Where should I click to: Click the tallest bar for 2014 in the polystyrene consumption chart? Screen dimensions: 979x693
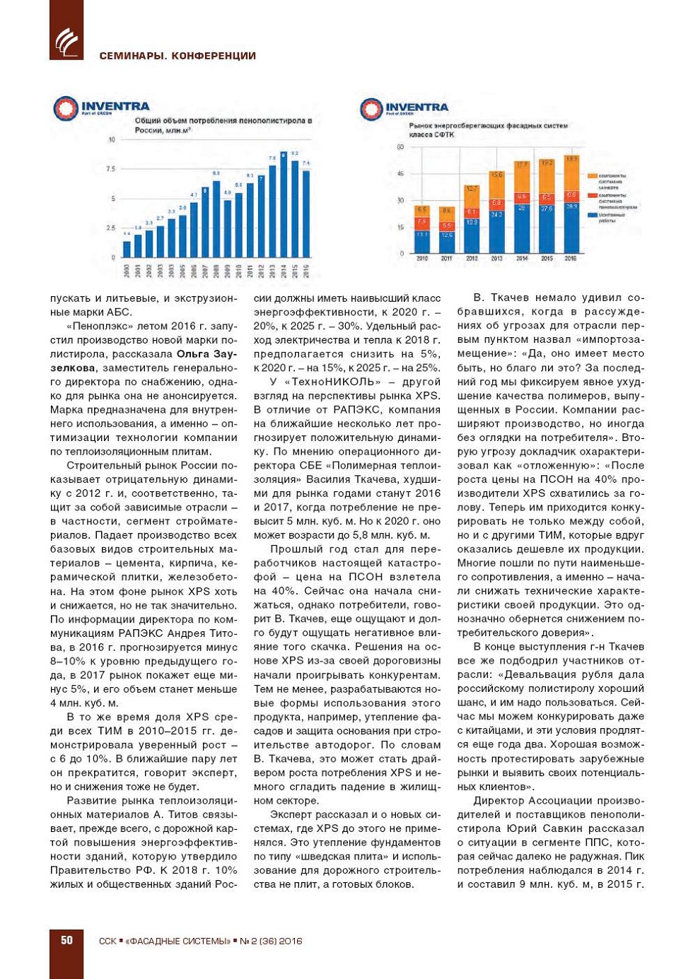click(x=284, y=205)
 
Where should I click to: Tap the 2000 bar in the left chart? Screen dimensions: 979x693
click(x=127, y=249)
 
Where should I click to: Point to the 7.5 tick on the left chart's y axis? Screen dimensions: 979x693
click(x=110, y=169)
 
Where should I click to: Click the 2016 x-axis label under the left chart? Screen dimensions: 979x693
click(x=306, y=270)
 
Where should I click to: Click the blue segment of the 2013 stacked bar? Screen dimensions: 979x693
click(x=496, y=231)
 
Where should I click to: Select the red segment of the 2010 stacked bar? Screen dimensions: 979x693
click(x=421, y=222)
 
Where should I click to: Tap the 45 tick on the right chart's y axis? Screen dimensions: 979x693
click(x=400, y=174)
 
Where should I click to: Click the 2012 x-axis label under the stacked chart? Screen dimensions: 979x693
click(x=472, y=259)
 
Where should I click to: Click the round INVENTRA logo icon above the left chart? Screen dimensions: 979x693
click(x=66, y=108)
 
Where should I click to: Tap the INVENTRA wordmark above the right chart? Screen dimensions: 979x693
click(x=417, y=107)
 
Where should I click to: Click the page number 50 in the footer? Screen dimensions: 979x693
click(x=66, y=940)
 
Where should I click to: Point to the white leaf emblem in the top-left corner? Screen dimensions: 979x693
click(x=66, y=42)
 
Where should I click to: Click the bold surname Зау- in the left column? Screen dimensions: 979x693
click(x=224, y=354)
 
